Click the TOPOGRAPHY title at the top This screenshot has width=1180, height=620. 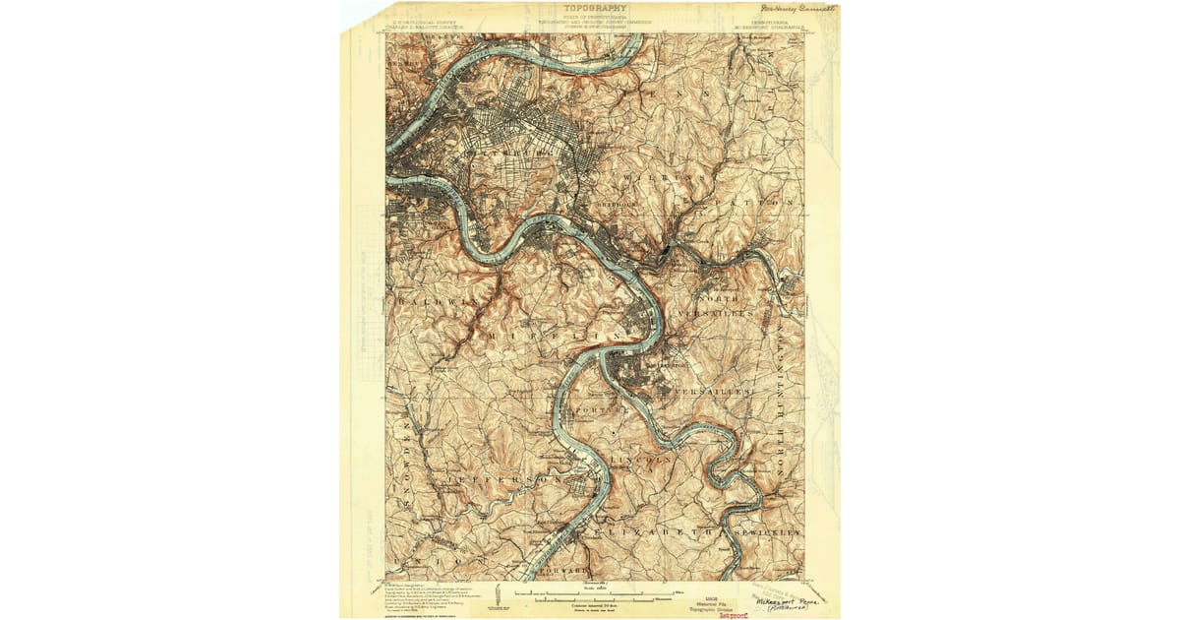pos(595,10)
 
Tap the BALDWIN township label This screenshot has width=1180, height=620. pos(434,299)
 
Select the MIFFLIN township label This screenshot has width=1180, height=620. pos(552,335)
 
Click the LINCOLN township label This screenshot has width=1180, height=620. pos(641,460)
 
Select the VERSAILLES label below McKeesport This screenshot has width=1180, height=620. pos(713,392)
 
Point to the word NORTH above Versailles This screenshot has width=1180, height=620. pos(717,298)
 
